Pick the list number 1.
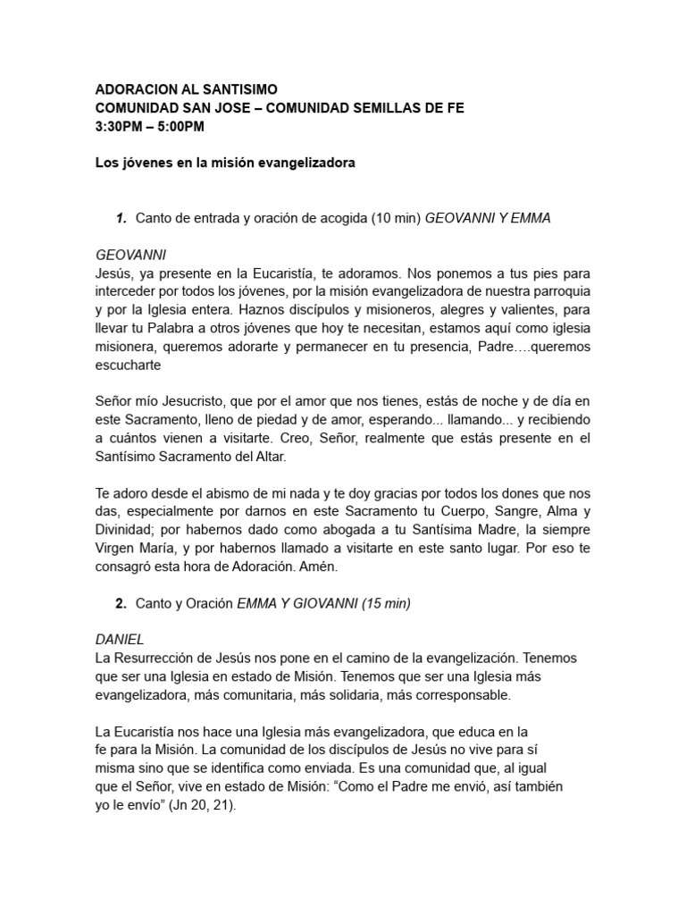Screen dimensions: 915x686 pyautogui.click(x=121, y=219)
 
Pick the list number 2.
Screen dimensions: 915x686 pyautogui.click(x=121, y=603)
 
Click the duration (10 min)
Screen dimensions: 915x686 pyautogui.click(x=397, y=219)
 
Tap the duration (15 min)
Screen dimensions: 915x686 pyautogui.click(x=386, y=603)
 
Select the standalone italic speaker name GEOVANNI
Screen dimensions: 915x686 pyautogui.click(x=130, y=255)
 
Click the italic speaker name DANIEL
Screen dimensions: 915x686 pyautogui.click(x=120, y=640)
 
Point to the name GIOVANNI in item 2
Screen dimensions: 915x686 pyautogui.click(x=326, y=603)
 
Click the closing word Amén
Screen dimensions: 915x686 pyautogui.click(x=339, y=567)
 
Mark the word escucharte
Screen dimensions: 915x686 pyautogui.click(x=129, y=365)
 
